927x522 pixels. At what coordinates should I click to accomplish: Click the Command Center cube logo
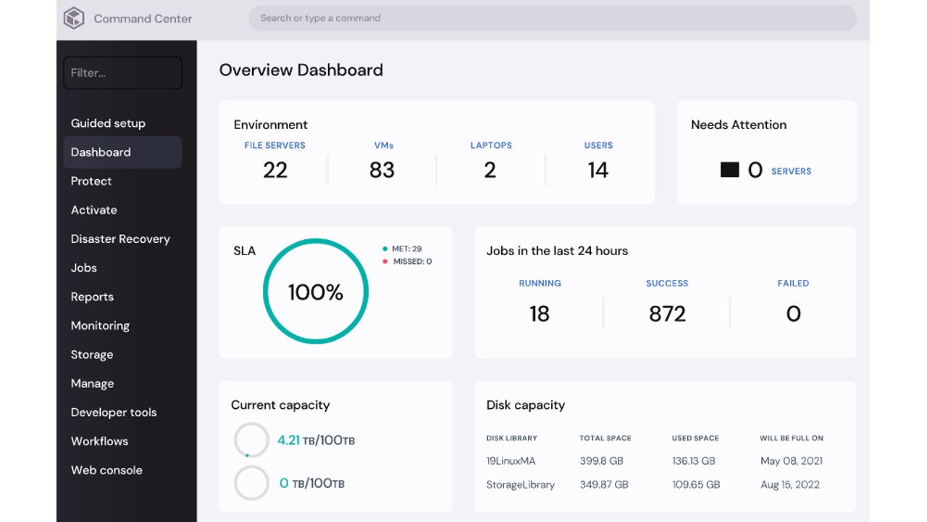click(x=74, y=18)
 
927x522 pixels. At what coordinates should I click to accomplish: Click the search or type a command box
click(x=552, y=18)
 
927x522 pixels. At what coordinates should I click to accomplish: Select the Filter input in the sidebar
click(x=122, y=72)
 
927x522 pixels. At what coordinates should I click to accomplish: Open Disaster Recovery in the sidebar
click(x=120, y=239)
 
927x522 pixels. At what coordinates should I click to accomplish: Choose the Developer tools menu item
click(x=114, y=412)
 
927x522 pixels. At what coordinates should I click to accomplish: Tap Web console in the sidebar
click(x=106, y=470)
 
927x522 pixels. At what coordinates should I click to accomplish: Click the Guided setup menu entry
click(x=108, y=123)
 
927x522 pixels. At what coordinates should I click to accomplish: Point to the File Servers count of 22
click(x=275, y=170)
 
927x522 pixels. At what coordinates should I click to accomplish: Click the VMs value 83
click(x=382, y=170)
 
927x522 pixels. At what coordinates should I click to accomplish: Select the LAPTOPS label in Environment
click(x=491, y=145)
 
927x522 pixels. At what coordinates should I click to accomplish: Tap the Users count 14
click(x=598, y=170)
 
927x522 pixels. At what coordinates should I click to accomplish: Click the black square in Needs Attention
click(x=729, y=170)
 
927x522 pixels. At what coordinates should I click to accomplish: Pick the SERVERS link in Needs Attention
click(x=791, y=171)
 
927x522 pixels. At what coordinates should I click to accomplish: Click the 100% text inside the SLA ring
click(x=315, y=292)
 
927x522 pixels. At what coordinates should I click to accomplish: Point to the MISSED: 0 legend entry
click(x=411, y=261)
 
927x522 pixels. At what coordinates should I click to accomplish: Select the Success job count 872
click(x=667, y=313)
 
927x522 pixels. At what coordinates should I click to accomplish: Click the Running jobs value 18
click(x=540, y=313)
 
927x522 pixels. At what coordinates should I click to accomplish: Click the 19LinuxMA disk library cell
click(x=511, y=460)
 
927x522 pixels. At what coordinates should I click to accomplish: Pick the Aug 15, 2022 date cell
click(x=789, y=484)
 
